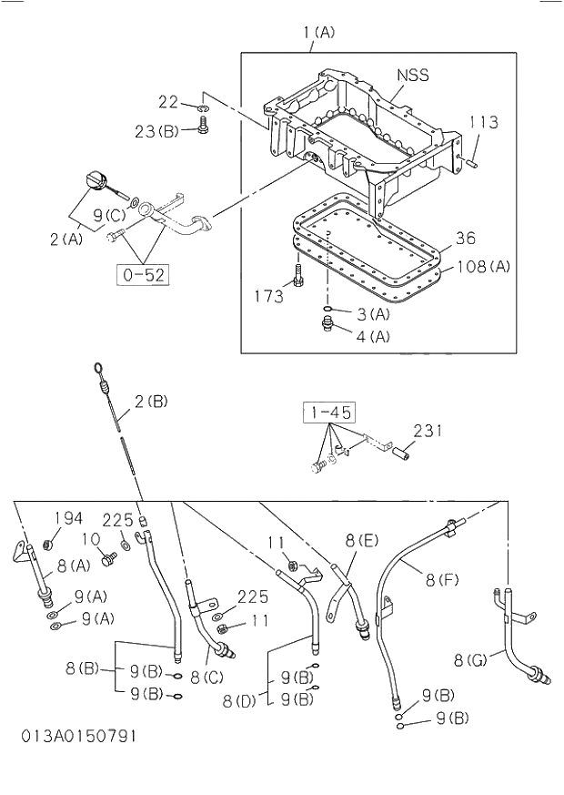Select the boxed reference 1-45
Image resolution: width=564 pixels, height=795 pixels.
(x=328, y=413)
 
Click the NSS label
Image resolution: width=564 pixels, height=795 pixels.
(x=412, y=76)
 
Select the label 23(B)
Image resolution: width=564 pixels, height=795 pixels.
(x=156, y=131)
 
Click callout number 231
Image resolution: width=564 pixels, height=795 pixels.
(x=428, y=431)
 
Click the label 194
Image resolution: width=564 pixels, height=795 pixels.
(x=68, y=518)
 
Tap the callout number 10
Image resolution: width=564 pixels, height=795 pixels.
(x=90, y=540)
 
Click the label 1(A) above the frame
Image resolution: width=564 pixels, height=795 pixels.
(x=317, y=32)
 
